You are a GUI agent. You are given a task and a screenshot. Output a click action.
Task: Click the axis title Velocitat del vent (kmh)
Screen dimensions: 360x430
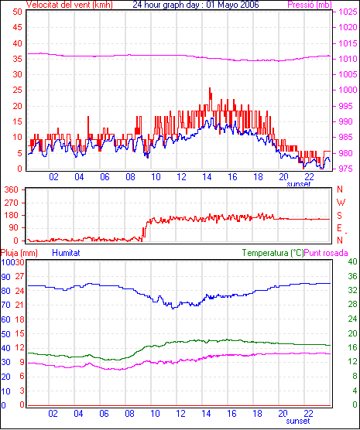69,5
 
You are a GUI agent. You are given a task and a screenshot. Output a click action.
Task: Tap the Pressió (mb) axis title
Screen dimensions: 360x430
310,5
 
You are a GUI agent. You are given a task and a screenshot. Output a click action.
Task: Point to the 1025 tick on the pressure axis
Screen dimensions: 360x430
348,12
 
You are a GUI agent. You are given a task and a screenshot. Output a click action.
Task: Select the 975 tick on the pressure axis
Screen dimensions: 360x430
346,169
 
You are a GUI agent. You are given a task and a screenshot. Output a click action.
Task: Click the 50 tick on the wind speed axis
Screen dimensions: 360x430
17,12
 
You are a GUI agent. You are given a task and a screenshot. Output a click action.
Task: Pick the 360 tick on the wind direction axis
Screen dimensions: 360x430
12,189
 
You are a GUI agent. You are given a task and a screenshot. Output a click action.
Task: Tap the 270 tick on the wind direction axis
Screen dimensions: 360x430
12,203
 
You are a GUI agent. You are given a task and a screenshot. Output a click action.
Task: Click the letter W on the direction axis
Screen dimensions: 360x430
341,203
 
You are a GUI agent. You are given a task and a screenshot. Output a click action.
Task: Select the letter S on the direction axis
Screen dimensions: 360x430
339,216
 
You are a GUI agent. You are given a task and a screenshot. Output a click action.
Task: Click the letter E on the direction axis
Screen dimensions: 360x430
339,228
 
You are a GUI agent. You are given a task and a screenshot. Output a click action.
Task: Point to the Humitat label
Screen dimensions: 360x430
66,253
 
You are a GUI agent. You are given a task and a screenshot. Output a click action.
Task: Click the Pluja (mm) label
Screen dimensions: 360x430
19,253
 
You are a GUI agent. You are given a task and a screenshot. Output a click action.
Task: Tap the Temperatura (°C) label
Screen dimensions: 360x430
273,253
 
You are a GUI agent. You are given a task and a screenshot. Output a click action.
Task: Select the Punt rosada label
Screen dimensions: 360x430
326,253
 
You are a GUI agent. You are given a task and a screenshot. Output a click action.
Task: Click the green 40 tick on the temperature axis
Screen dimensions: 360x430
352,261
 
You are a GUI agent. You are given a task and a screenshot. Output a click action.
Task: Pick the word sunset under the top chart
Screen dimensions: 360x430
299,184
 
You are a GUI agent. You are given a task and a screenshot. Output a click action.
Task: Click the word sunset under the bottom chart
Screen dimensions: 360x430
298,421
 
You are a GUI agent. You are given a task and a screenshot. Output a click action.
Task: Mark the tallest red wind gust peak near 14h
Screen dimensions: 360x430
210,88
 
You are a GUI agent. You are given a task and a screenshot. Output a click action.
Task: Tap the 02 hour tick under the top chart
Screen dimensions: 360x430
53,177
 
